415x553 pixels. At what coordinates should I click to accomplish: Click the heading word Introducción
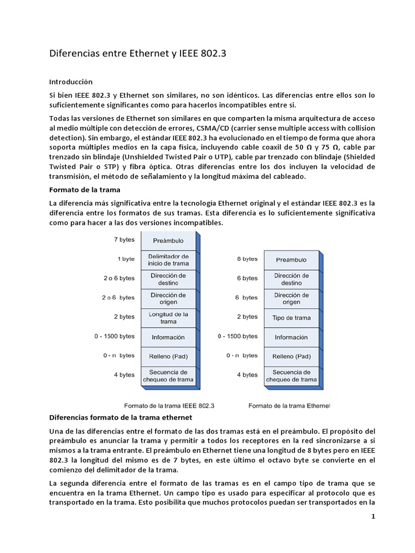pos(71,82)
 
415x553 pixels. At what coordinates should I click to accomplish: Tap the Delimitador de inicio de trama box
pos(169,259)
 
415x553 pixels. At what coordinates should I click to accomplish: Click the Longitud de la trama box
pos(169,317)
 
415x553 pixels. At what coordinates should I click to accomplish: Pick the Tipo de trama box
pos(291,318)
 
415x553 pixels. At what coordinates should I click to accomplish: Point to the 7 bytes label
pos(124,240)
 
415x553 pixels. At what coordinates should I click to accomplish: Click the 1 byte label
pos(126,259)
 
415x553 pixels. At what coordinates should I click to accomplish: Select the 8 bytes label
pos(247,259)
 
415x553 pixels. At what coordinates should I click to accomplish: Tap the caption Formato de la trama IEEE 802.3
pos(169,404)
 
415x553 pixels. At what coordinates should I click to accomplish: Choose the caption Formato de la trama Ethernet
pos(289,404)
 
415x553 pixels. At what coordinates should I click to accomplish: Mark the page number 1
pos(373,516)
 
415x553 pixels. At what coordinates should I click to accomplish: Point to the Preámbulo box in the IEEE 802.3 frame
pos(169,240)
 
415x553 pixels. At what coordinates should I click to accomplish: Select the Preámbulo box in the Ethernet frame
pos(291,260)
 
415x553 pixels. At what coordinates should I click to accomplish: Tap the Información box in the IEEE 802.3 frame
pos(169,336)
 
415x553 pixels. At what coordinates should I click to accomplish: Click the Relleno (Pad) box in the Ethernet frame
pos(291,356)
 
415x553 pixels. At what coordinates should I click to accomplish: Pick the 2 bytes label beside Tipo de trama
pos(247,317)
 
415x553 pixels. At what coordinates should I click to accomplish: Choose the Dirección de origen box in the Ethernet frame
pos(291,298)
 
